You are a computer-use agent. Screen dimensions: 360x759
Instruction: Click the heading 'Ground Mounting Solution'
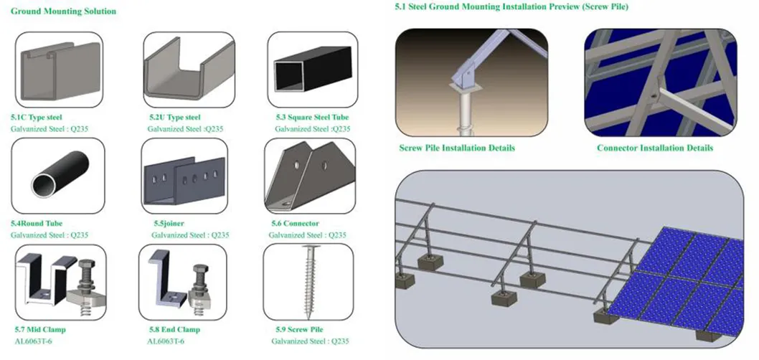[63, 12]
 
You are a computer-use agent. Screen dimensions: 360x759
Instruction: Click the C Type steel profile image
[58, 70]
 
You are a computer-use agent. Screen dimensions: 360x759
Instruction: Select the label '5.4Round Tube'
[37, 223]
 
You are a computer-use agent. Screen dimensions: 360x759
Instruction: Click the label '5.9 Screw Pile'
[299, 329]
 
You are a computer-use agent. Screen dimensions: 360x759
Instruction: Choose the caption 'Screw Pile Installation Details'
[457, 148]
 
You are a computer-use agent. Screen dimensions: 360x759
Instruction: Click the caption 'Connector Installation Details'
[655, 148]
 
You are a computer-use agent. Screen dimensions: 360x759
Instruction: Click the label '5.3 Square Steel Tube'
[311, 117]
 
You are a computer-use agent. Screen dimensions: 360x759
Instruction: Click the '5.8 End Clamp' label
[174, 330]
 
